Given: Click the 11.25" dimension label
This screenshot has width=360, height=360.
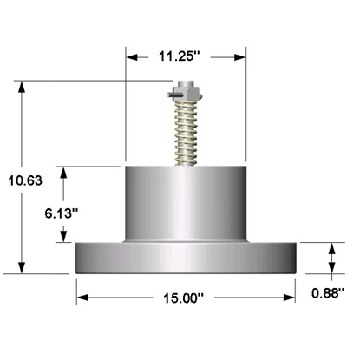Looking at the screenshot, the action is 180,56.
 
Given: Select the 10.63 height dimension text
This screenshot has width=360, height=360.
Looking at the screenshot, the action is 25,180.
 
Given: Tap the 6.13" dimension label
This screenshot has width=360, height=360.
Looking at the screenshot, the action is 62,213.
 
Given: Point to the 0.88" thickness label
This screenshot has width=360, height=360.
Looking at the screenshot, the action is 328,293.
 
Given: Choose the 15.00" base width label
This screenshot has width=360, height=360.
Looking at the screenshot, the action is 184,298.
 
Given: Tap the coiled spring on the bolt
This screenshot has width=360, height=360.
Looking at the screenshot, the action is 187,132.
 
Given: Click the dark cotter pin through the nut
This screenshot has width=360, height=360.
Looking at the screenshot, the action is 174,95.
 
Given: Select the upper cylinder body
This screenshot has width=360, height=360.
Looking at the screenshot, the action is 186,204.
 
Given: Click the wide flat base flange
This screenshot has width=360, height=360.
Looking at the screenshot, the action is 186,258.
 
